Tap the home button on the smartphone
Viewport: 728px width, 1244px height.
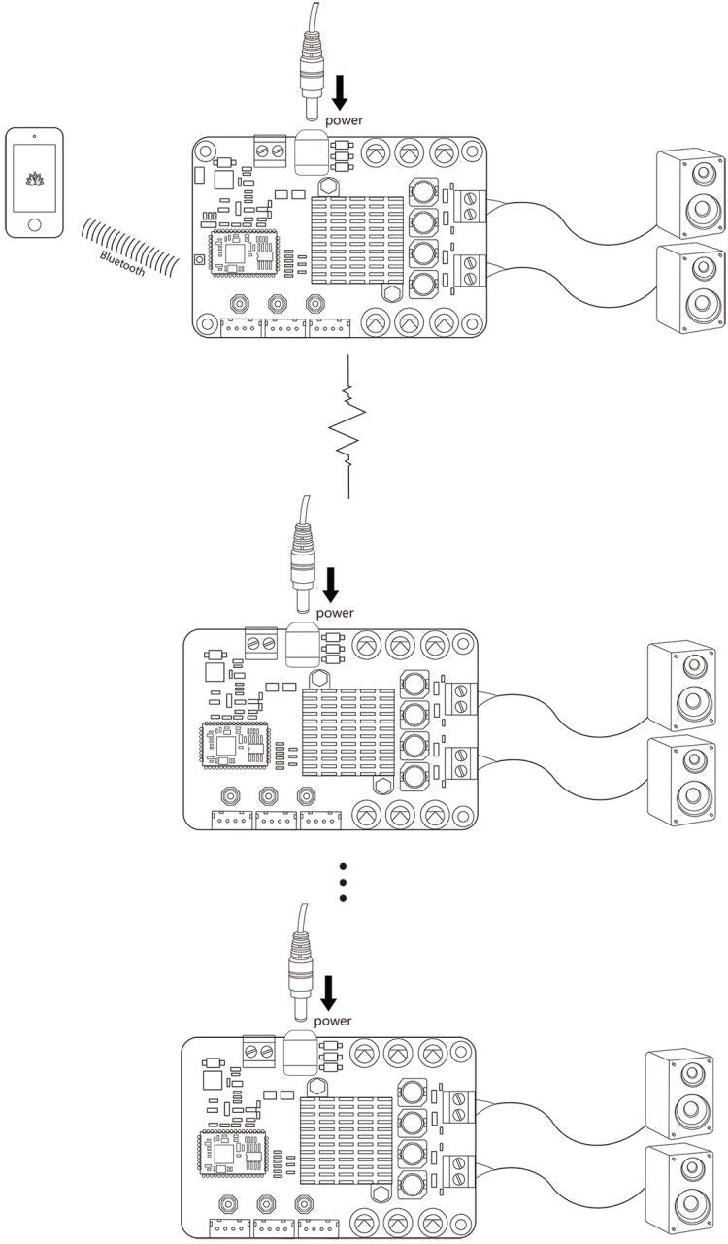tap(34, 223)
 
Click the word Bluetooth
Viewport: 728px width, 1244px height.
tap(122, 263)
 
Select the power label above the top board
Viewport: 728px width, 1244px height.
tap(344, 120)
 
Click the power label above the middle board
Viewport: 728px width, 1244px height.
tap(335, 613)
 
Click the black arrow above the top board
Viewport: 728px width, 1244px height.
tap(340, 92)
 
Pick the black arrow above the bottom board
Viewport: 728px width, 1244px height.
tap(329, 992)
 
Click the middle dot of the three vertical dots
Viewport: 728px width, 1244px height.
tap(342, 882)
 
